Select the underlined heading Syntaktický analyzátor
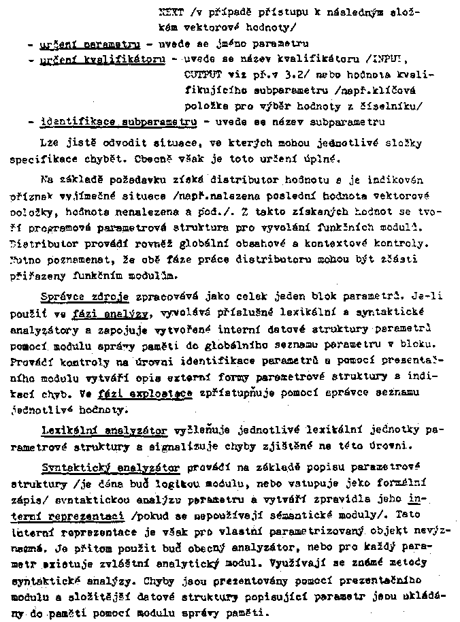point(110,468)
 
